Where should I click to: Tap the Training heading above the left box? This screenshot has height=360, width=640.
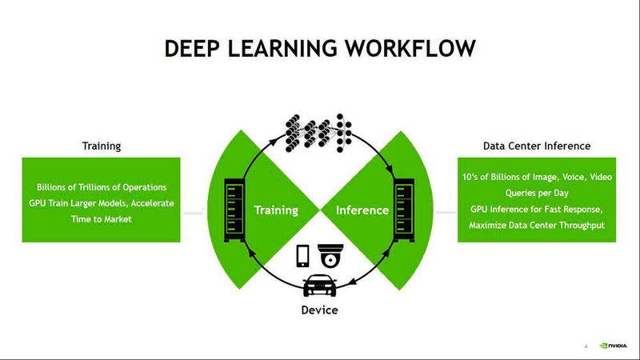click(102, 146)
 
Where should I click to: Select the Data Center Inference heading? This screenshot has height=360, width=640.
click(537, 146)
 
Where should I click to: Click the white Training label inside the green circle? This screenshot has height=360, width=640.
click(276, 210)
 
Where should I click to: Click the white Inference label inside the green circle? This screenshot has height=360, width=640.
click(362, 210)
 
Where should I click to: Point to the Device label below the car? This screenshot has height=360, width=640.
click(319, 309)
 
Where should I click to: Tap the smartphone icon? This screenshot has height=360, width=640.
click(303, 255)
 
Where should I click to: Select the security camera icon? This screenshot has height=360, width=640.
click(331, 255)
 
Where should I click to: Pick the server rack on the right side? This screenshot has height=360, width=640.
click(403, 210)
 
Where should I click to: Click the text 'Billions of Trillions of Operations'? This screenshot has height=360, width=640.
click(102, 188)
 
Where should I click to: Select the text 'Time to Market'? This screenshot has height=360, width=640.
click(102, 218)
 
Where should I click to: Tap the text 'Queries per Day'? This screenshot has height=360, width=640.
click(537, 193)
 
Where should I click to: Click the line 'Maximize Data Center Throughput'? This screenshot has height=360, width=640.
click(537, 226)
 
